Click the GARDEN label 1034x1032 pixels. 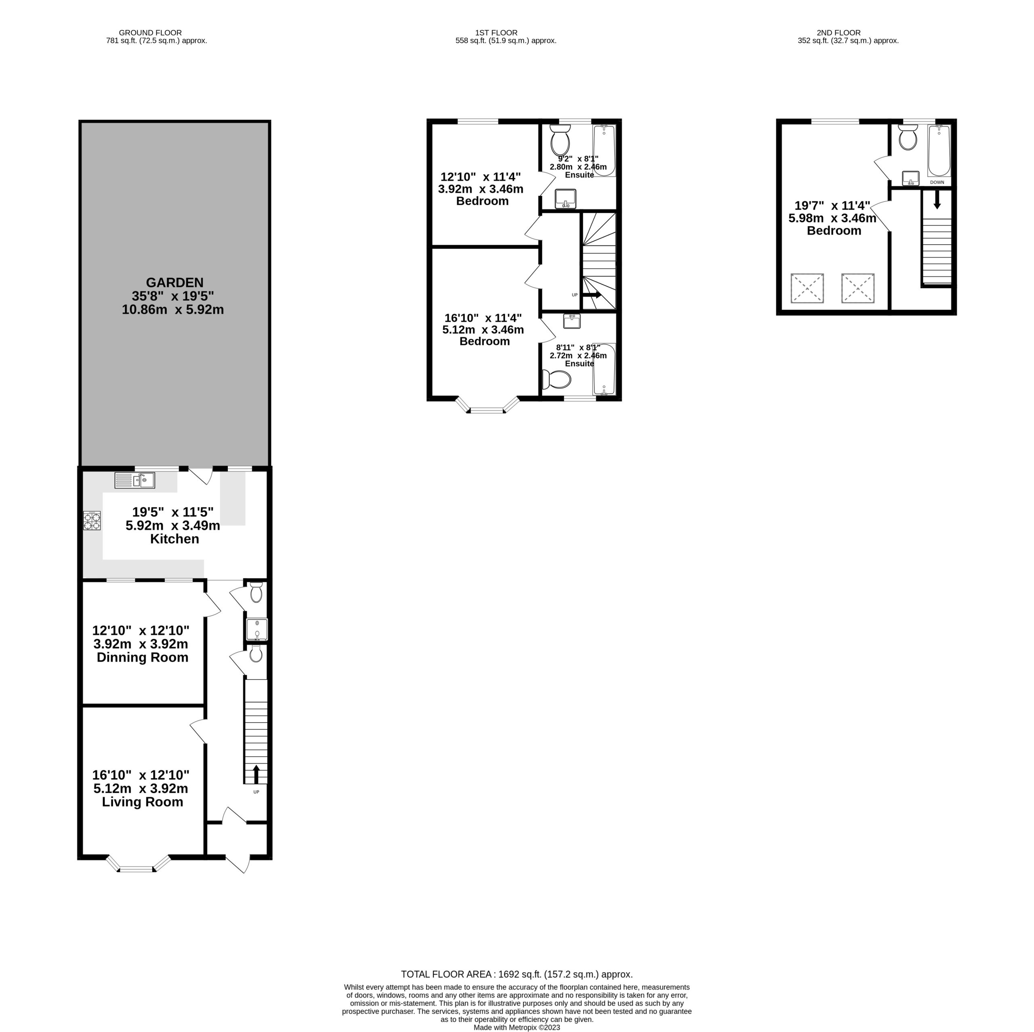(x=174, y=283)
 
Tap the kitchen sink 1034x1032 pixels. (x=135, y=480)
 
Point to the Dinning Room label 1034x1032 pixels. (x=142, y=657)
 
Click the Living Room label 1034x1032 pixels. (x=142, y=802)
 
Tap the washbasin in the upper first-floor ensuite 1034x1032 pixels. (x=565, y=199)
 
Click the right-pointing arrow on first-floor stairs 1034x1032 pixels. (x=591, y=295)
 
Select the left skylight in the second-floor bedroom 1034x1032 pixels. (x=807, y=288)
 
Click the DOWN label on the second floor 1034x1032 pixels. (x=937, y=182)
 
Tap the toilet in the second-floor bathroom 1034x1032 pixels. (x=908, y=138)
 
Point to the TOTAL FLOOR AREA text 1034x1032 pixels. (x=447, y=989)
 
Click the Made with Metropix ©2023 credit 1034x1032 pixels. (x=517, y=1027)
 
